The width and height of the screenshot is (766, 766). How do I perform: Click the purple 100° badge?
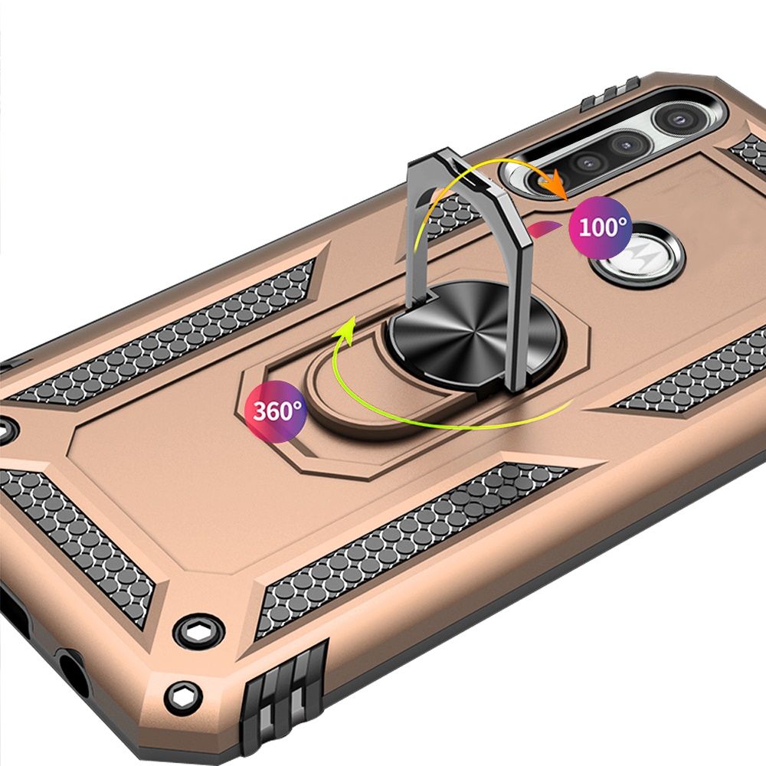pyautogui.click(x=601, y=228)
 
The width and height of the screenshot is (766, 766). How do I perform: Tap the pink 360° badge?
pyautogui.click(x=276, y=412)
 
